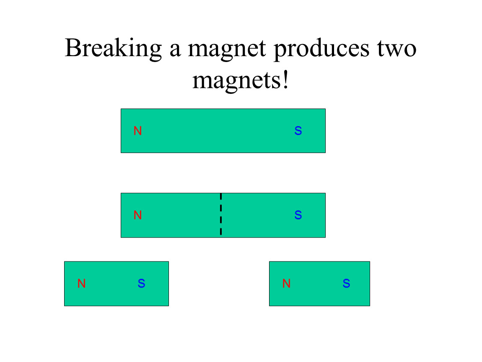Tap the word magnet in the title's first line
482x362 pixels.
point(227,49)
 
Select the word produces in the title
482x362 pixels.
point(321,49)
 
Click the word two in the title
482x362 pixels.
point(397,49)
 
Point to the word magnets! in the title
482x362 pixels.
point(241,81)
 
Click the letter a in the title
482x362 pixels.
point(175,51)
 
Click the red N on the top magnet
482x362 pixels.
point(138,131)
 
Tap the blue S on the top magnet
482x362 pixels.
point(298,131)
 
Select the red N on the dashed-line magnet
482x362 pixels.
point(138,215)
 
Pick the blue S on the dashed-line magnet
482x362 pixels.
point(298,215)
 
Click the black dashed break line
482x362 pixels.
point(221,214)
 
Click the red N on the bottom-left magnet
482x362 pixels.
point(81,283)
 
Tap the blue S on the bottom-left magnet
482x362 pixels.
point(141,283)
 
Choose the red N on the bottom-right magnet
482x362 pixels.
point(287,283)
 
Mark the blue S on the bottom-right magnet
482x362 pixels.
point(347,283)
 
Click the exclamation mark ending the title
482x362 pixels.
point(286,80)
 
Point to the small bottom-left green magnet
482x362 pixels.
point(117,284)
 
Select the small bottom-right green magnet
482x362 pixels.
point(320,284)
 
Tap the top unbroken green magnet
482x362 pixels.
point(223,131)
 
